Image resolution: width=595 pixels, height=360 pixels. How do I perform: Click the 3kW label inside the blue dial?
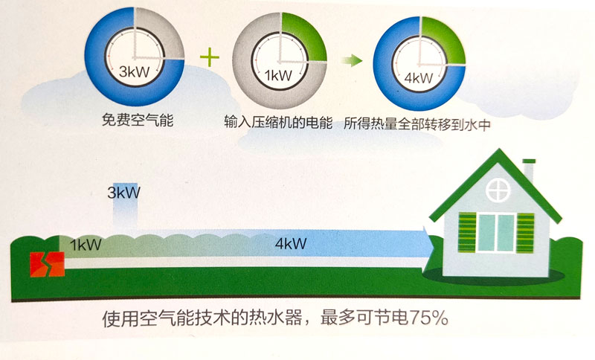[x=135, y=73]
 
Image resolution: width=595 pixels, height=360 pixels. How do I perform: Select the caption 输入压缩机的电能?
[x=280, y=120]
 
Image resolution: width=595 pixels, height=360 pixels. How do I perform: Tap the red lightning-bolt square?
[x=46, y=265]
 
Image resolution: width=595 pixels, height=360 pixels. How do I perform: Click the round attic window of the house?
[x=496, y=190]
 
